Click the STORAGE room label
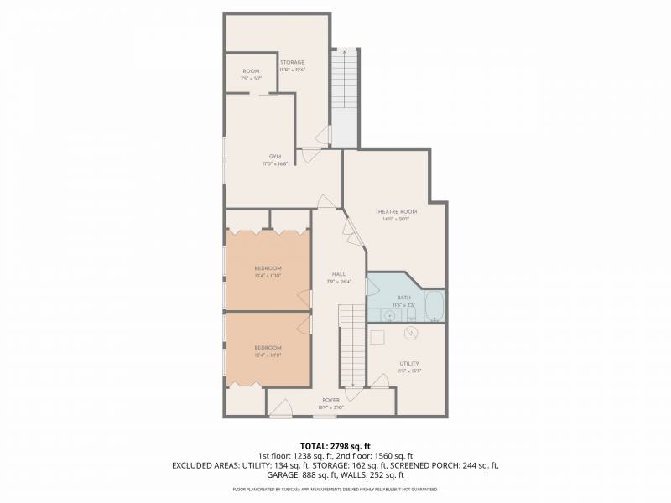292,63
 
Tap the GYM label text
274,157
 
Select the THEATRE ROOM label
396,212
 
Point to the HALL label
338,274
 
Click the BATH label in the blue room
403,298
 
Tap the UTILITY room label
409,363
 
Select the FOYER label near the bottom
331,400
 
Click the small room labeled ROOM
251,71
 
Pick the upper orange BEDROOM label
268,268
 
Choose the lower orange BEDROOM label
268,347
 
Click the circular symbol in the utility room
410,334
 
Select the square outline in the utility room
379,337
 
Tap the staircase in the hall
351,344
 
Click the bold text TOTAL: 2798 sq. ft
335,445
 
